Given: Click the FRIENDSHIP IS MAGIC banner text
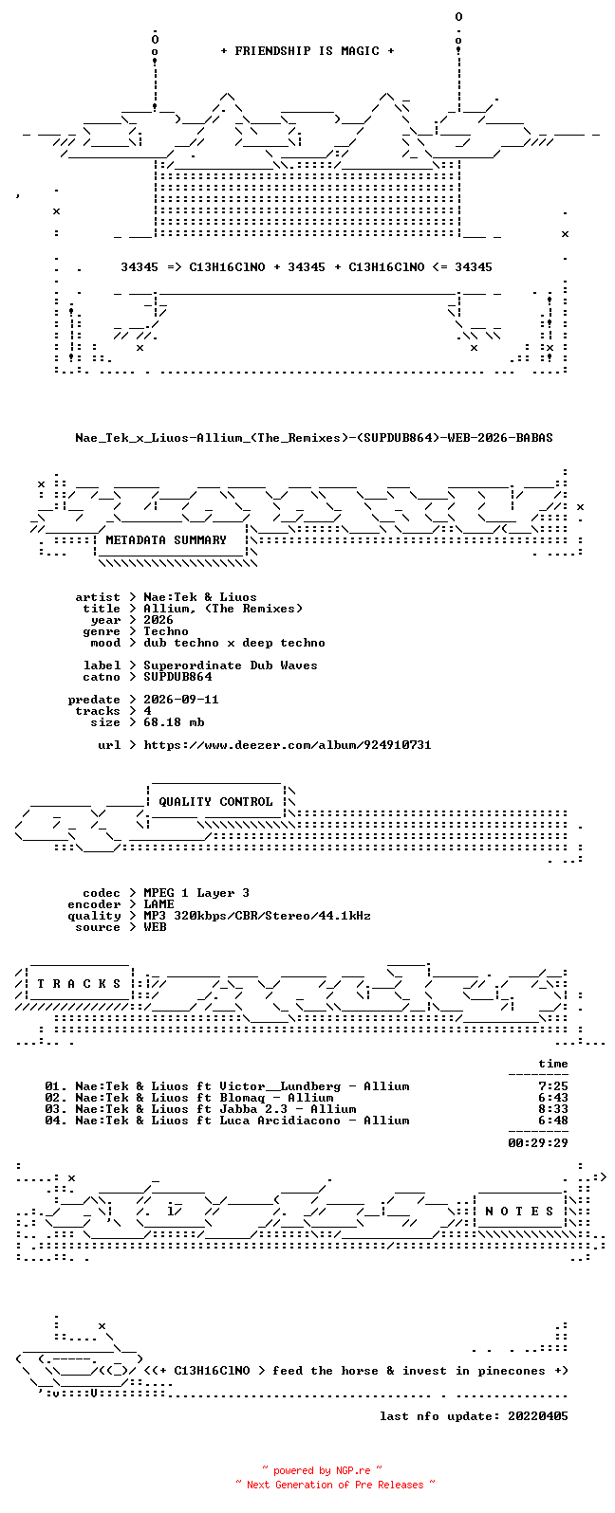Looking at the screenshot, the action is coord(307,50).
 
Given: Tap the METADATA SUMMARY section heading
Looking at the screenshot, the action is coord(166,540).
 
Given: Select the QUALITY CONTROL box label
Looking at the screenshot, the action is coord(215,802).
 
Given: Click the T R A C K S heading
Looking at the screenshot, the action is coord(79,984).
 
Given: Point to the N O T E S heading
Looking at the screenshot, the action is coord(519,1212).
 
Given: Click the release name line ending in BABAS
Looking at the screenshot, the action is coord(314,438).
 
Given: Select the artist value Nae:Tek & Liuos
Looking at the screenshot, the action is coord(200,597).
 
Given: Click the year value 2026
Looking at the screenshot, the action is coord(158,620).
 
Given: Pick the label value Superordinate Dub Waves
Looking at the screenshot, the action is coord(230,665).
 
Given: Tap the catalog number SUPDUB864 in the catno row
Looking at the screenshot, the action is coord(177,677).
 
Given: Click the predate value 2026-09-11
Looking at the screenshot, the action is coord(180,700).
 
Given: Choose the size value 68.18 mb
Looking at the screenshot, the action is coord(174,722).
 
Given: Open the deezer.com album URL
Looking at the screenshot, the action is coord(287,745).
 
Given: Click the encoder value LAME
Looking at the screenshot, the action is coord(158,904).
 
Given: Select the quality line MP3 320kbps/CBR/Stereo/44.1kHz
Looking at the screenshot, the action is coord(257,916).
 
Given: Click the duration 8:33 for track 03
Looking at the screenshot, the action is coord(552,1109).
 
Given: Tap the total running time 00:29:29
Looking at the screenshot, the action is coord(538,1143).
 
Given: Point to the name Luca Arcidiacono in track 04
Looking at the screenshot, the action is coord(279,1121).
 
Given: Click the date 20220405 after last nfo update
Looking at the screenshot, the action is coord(538,1416).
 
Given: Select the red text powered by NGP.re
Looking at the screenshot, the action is coord(322,1470).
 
